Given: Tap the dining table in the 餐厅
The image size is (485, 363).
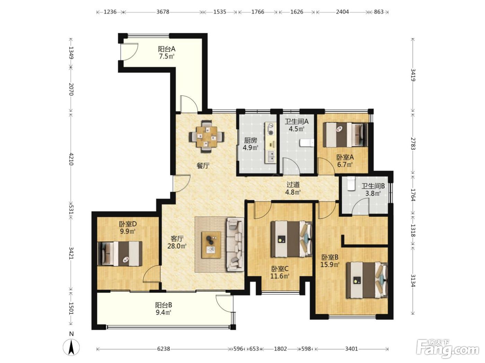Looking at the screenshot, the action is tap(206, 137).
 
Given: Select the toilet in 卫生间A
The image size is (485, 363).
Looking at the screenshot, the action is tap(307, 143).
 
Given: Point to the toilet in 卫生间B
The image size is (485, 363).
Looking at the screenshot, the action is tap(351, 183).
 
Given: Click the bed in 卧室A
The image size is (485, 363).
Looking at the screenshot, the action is tap(345, 135).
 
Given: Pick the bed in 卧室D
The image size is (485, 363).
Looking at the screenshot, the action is tap(120, 254).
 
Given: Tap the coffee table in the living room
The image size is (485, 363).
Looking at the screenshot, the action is tap(211, 245).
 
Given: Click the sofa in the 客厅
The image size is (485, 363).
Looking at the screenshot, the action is tap(235, 244).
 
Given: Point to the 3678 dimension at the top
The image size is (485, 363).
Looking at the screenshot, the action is tap(163, 12).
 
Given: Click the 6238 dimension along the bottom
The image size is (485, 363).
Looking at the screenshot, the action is tap(164, 349).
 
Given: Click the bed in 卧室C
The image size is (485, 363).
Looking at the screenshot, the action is tap(291, 239).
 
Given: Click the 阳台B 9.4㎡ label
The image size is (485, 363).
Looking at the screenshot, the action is tap(164, 309).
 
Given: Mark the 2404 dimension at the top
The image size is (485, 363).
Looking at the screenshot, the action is tap(342, 12).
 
